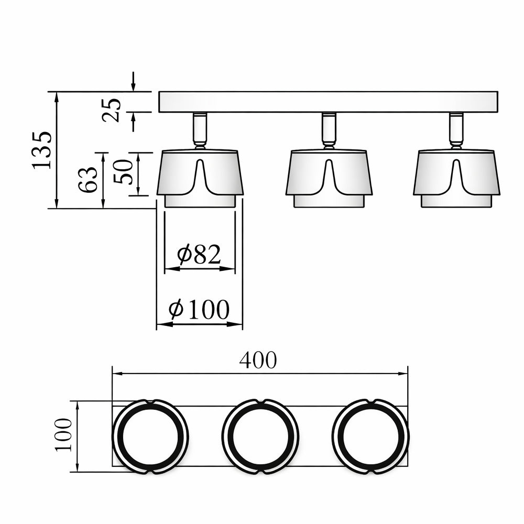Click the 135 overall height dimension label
coord(42,150)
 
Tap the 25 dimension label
coord(111,110)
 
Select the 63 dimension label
coord(88,179)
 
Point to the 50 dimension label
coord(123,171)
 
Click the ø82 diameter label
coord(199,254)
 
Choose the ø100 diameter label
coord(199,310)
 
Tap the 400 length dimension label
coord(258,360)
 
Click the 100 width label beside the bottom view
coord(64,435)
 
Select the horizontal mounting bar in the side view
coord(328,102)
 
